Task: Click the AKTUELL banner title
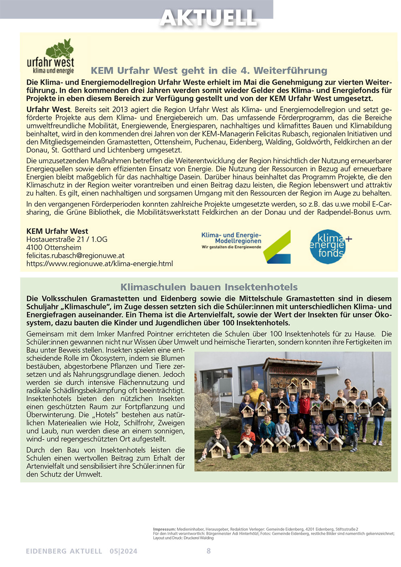coord(208,18)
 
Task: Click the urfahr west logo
coord(51,57)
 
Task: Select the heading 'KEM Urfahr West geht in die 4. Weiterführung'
coord(209,70)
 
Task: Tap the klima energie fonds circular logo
coord(328,247)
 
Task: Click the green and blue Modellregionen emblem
coord(277,247)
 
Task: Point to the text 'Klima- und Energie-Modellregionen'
coord(231,238)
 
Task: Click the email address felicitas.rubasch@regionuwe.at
coord(75,256)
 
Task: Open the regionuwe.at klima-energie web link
coord(100,264)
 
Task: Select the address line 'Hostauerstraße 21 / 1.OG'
coord(67,239)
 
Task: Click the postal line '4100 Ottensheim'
coord(54,247)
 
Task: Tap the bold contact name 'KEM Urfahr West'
coord(57,231)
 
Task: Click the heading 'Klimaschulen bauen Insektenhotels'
coord(209,287)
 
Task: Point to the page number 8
coord(209,551)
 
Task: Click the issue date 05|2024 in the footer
coord(124,551)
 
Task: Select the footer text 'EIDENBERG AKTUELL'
coord(64,551)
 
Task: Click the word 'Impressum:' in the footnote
coord(164,529)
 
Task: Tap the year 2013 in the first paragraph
coord(120,110)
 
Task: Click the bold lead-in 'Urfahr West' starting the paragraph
coord(48,110)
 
